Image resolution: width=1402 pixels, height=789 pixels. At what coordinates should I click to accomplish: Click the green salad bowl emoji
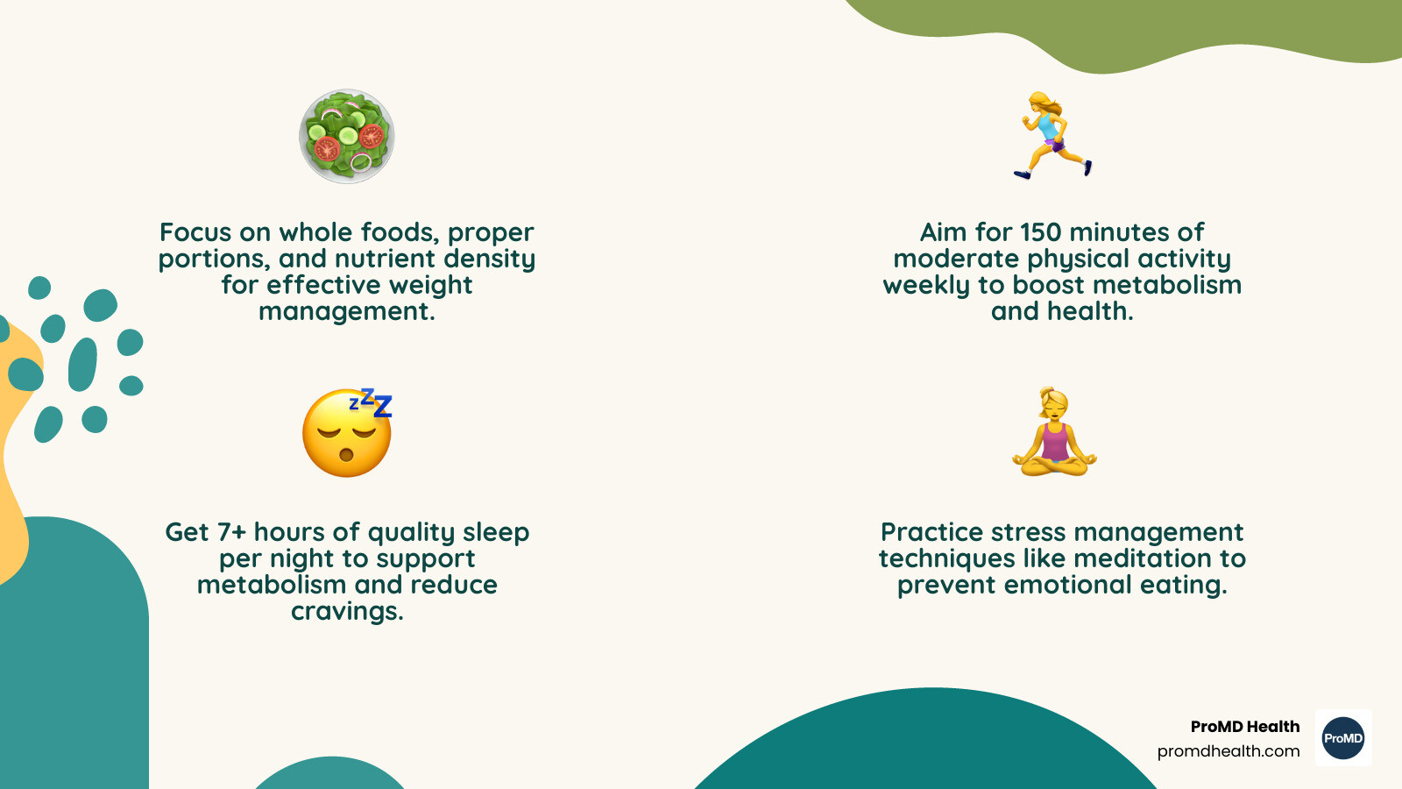click(347, 136)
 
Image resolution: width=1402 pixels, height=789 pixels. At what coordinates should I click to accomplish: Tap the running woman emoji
click(1052, 136)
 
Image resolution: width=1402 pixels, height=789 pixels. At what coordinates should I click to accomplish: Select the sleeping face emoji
click(347, 433)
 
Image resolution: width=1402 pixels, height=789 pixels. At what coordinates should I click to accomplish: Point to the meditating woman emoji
click(1055, 431)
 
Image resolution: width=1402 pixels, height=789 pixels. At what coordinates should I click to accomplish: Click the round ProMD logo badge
click(1343, 737)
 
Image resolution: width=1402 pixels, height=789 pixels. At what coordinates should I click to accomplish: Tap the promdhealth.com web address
click(1228, 750)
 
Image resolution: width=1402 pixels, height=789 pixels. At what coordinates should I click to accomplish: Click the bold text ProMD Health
click(1245, 727)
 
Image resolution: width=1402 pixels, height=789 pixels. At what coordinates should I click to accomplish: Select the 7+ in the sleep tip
click(231, 532)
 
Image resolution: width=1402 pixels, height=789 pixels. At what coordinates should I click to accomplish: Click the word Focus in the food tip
click(195, 232)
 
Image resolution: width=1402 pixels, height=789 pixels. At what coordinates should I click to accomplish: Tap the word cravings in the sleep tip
click(347, 611)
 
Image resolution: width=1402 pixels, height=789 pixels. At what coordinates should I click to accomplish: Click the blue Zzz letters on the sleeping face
click(371, 402)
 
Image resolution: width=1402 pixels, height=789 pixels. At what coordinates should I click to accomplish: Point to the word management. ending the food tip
click(347, 312)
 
